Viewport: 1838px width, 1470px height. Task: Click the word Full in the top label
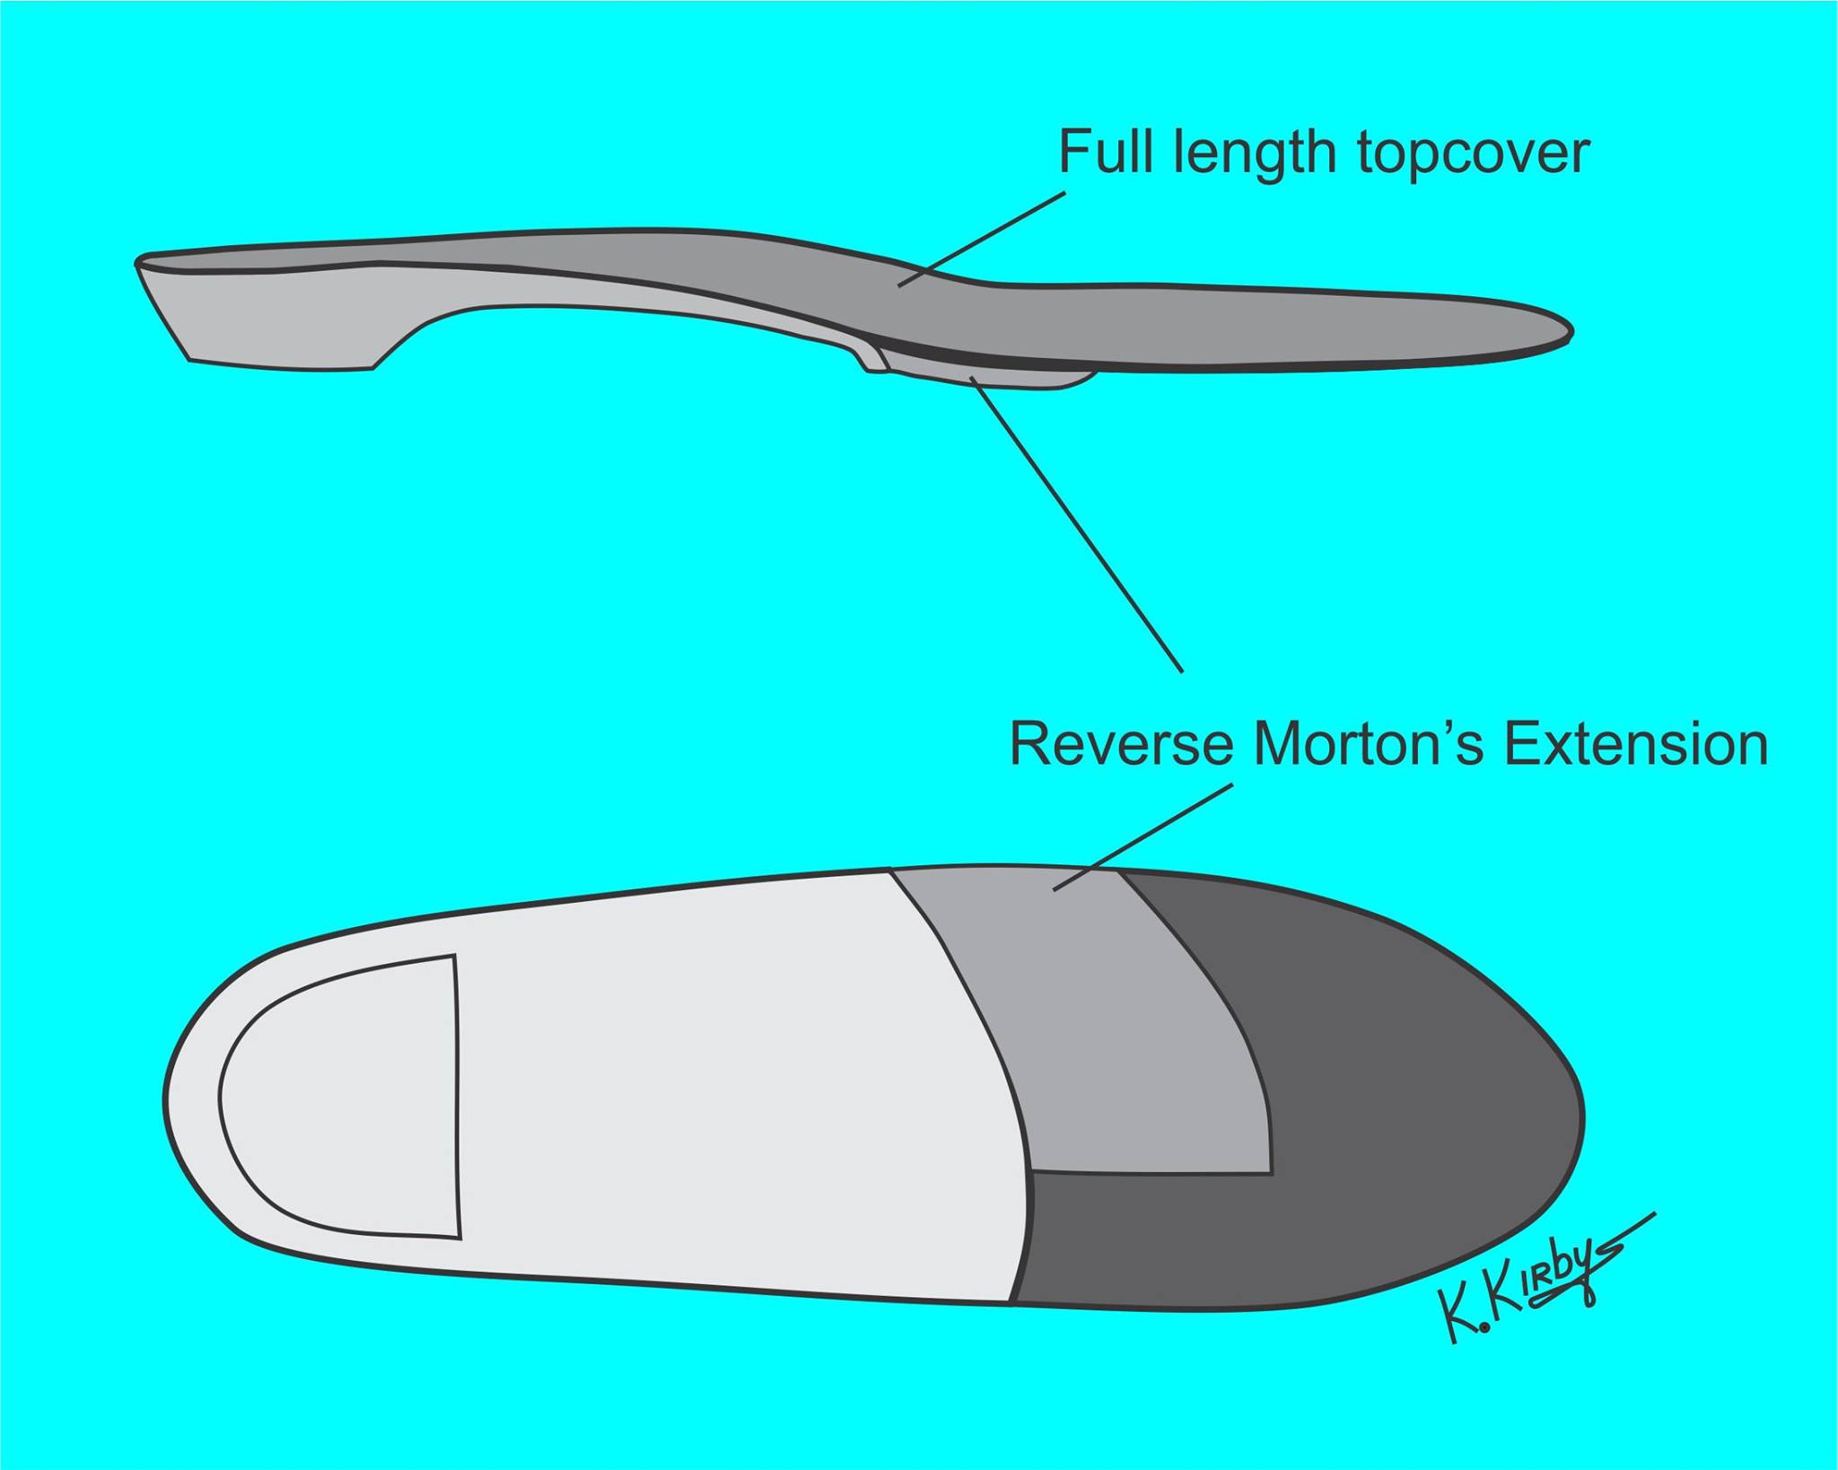pyautogui.click(x=1109, y=152)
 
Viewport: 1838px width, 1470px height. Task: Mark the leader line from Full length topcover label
pyautogui.click(x=982, y=239)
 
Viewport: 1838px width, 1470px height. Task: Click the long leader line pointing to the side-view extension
pyautogui.click(x=1076, y=524)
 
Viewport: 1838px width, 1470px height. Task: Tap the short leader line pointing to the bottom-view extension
pyautogui.click(x=1142, y=837)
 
